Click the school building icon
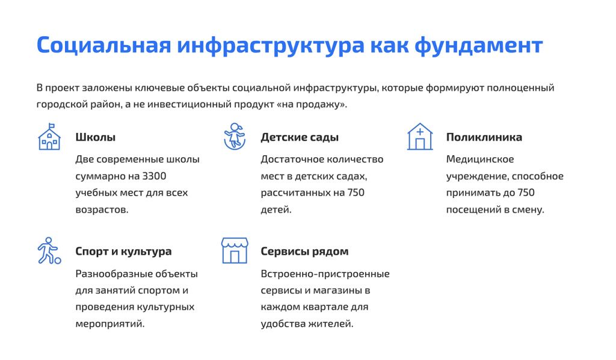(49, 137)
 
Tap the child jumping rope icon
(235, 136)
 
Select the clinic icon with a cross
(420, 137)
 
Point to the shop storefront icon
(235, 250)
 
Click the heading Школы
(95, 137)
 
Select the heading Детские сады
(300, 137)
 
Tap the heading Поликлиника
(484, 137)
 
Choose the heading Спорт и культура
(123, 252)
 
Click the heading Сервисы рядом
(304, 252)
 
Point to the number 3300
(154, 176)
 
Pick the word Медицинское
(479, 160)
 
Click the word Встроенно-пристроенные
(325, 274)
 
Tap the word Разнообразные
(113, 274)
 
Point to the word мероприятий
(110, 323)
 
